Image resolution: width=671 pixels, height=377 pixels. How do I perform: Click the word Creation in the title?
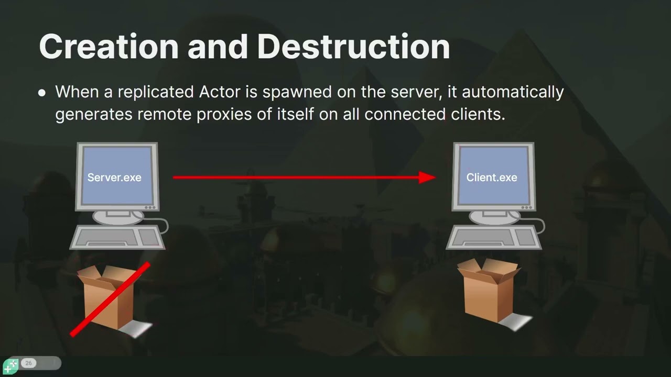109,47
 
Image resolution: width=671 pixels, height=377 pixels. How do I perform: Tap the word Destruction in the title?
353,47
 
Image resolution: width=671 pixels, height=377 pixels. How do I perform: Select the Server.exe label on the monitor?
114,178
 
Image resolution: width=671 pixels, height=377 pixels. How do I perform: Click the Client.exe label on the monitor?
492,178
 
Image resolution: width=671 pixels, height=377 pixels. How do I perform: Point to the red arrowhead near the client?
427,178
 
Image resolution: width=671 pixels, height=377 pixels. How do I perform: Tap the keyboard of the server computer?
117,238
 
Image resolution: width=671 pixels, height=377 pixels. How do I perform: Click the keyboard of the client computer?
494,238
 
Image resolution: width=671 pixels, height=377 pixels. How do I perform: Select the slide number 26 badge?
28,363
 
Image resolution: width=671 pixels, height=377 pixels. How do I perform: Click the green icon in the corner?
10,366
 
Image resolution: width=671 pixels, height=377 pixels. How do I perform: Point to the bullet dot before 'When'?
42,93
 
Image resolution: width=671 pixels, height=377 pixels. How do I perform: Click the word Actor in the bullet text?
220,92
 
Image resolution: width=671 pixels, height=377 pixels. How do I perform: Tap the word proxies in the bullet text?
224,115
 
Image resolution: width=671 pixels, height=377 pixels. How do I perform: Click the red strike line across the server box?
110,300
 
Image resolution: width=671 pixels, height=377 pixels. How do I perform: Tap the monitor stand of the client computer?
494,217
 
